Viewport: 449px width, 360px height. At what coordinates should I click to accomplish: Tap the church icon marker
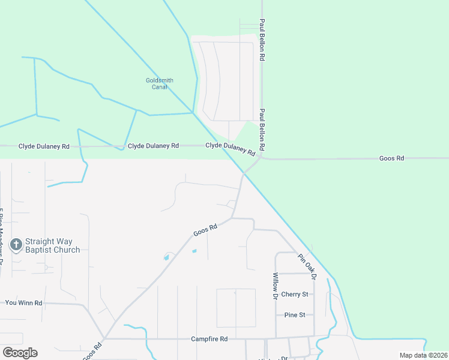[x=16, y=245]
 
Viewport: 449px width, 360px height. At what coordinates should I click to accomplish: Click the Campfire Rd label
[x=209, y=339]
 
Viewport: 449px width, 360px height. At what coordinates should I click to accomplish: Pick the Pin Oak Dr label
[x=307, y=267]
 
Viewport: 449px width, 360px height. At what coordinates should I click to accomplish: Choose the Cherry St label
[x=295, y=295]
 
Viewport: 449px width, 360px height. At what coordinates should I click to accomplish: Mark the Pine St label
[x=295, y=314]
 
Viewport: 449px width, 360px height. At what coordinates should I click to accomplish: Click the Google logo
[x=20, y=353]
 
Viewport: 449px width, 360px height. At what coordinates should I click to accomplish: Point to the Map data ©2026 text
[x=423, y=355]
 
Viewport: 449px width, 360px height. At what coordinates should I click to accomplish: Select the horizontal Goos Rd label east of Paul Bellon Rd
[x=392, y=158]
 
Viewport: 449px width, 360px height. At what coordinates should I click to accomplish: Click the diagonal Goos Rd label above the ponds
[x=205, y=230]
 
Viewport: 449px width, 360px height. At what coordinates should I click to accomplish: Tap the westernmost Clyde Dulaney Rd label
[x=44, y=146]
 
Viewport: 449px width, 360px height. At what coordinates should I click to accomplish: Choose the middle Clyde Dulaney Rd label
[x=154, y=146]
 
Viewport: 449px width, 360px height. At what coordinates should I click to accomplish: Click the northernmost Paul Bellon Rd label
[x=262, y=40]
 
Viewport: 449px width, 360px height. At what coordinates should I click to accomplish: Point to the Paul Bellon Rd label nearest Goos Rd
[x=262, y=130]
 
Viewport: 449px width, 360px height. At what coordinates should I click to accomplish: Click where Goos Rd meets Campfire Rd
[x=104, y=338]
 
